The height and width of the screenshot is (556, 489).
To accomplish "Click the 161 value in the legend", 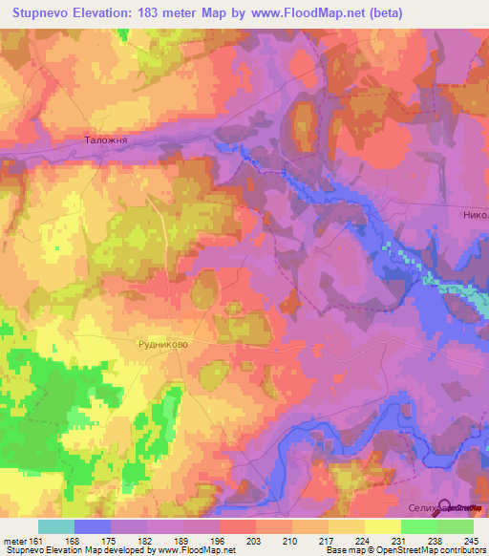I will pyautogui.click(x=34, y=540).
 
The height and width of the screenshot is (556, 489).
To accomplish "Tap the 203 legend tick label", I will pyautogui.click(x=254, y=540).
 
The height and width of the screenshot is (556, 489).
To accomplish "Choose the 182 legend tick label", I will pyautogui.click(x=144, y=540).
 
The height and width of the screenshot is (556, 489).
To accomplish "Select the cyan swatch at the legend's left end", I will pyautogui.click(x=55, y=526).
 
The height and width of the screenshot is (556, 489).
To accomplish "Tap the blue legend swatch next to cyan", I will pyautogui.click(x=93, y=526).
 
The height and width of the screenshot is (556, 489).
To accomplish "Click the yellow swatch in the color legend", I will pyautogui.click(x=382, y=526).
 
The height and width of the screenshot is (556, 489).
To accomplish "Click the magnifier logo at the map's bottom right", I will pyautogui.click(x=444, y=507).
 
